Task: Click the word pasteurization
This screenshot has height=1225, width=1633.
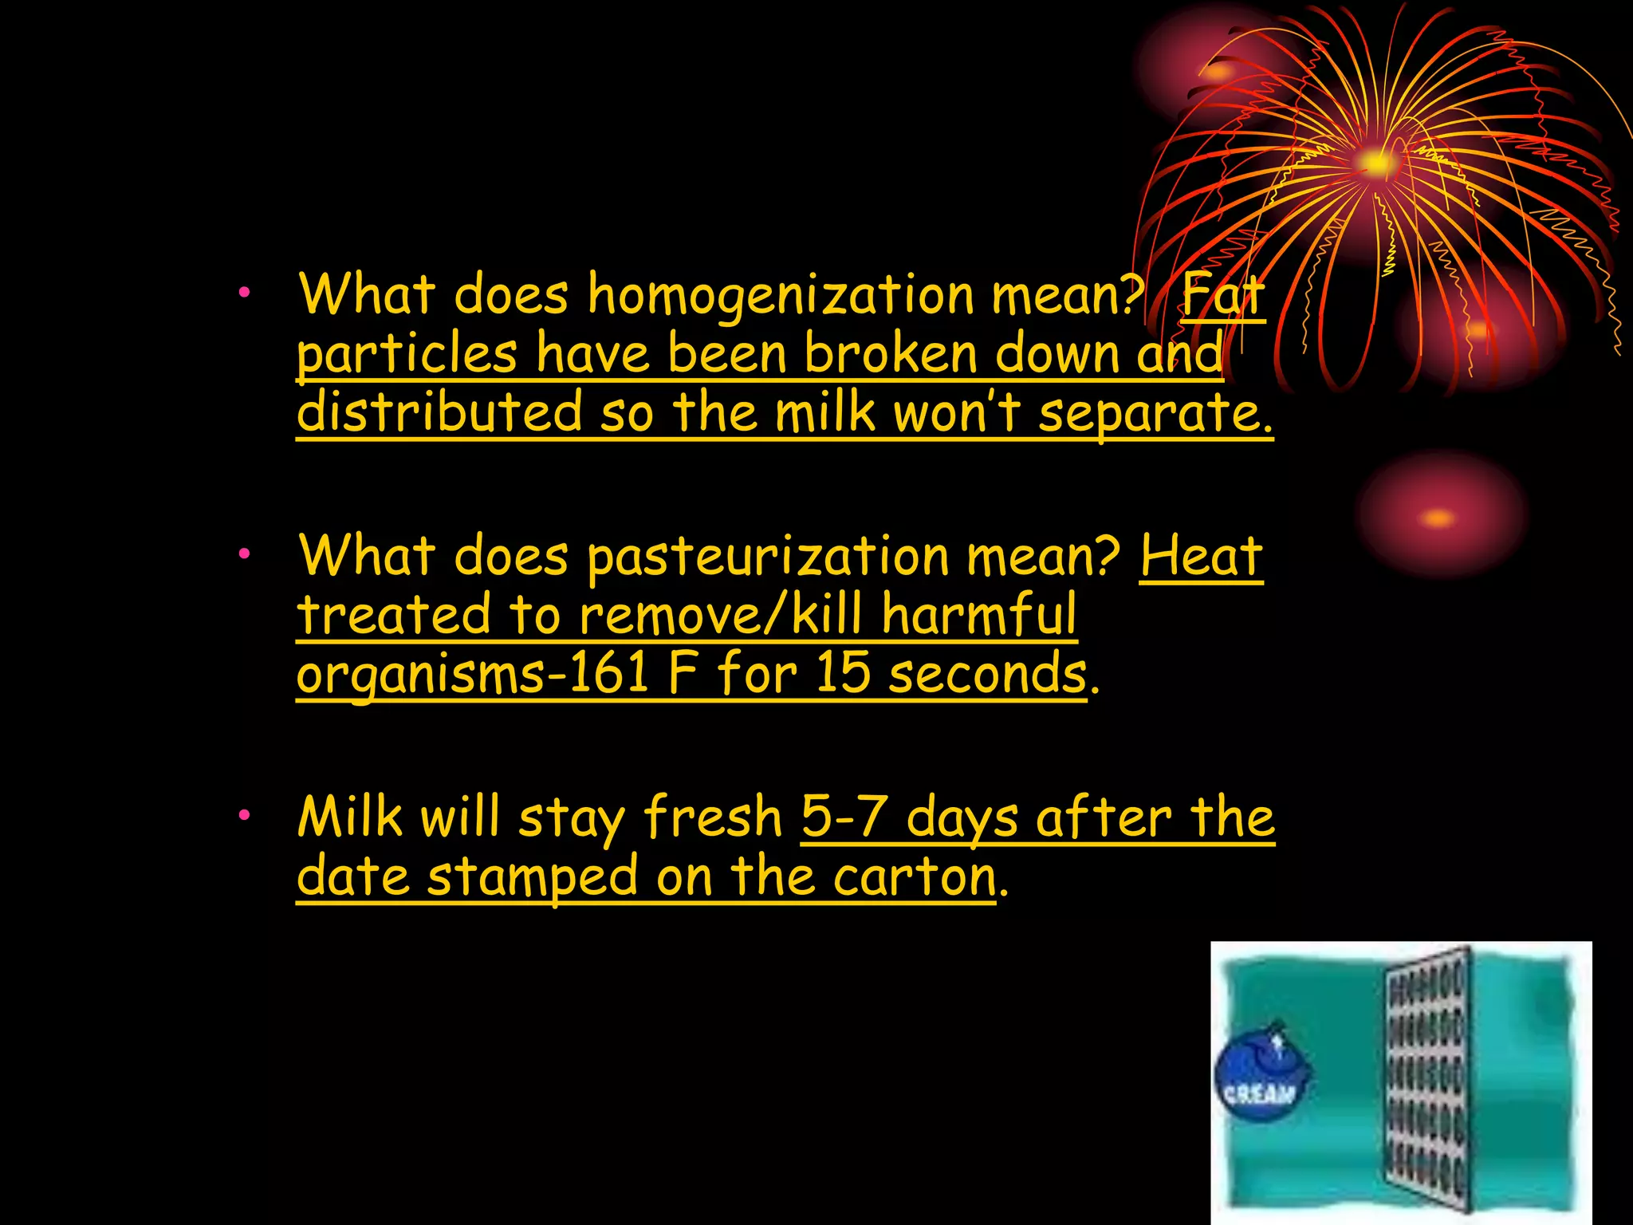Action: [x=767, y=557]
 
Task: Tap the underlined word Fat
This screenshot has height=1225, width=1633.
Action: [x=1222, y=295]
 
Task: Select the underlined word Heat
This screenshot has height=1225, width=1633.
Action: [x=1201, y=557]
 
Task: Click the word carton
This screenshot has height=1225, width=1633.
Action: [x=915, y=877]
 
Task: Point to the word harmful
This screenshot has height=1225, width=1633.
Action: [x=979, y=615]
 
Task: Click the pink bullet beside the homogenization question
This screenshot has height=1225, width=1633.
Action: [x=244, y=293]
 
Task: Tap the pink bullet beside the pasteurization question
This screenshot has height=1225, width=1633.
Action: [x=244, y=553]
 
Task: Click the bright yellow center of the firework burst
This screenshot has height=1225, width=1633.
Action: [x=1375, y=163]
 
